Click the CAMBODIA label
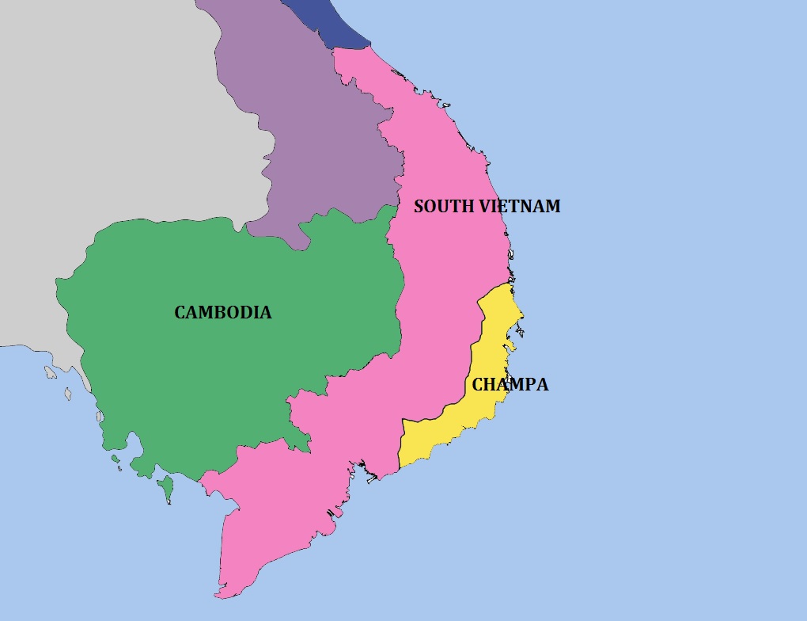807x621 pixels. tap(222, 313)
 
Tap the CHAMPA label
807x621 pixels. tap(510, 385)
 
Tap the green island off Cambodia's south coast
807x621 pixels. tap(166, 488)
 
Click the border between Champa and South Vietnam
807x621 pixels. tap(472, 356)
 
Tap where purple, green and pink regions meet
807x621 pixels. tap(396, 207)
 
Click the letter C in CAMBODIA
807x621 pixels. tap(180, 313)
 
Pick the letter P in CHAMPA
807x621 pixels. tap(525, 385)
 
